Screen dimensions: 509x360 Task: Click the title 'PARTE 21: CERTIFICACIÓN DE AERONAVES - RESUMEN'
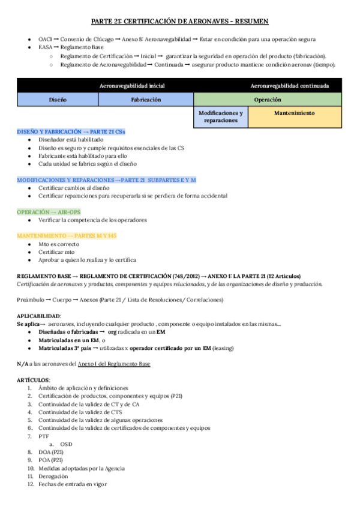click(180, 20)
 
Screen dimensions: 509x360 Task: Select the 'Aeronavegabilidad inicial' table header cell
click(130, 86)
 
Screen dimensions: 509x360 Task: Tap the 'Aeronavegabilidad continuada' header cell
click(289, 86)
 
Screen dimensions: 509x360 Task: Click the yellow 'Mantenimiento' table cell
click(294, 113)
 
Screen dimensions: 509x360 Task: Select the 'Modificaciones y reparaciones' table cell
click(220, 116)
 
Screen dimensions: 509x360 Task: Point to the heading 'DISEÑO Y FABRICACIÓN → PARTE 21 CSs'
click(71, 131)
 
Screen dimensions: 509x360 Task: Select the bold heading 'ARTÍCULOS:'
click(34, 380)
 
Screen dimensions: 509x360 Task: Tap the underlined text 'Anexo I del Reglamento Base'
click(113, 364)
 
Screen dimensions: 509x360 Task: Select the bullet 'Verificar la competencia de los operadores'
click(92, 220)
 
